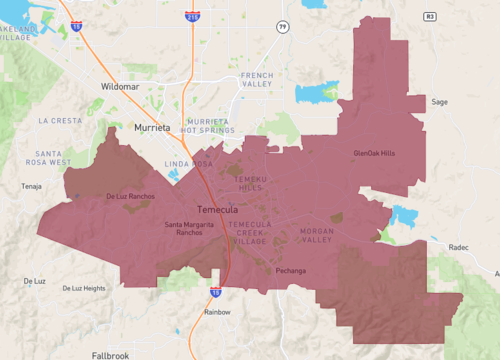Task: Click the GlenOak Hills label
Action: [x=374, y=153]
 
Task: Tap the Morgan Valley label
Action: [x=316, y=236]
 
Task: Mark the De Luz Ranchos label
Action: [x=130, y=196]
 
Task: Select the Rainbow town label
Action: [x=217, y=312]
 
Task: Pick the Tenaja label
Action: [x=34, y=186]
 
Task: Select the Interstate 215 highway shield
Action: [x=192, y=17]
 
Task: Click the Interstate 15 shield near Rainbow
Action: [x=216, y=292]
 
